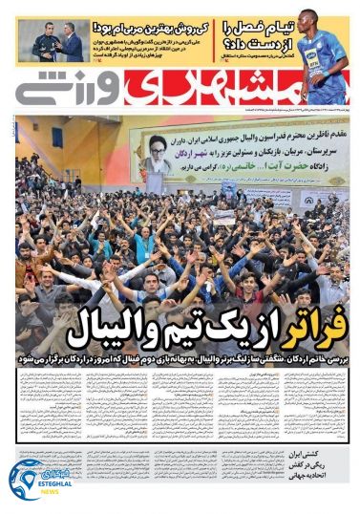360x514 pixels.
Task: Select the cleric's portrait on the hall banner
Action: [157, 153]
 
